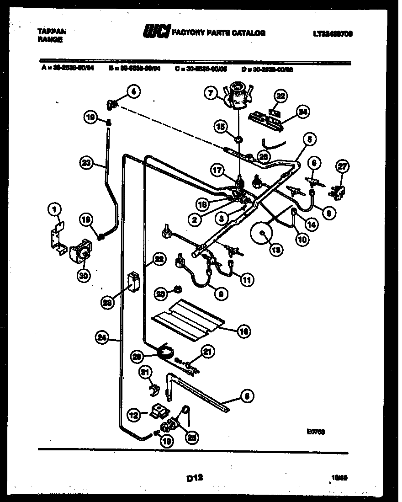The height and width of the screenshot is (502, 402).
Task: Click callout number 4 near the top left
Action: [133, 92]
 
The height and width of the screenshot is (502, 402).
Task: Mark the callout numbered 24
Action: [102, 338]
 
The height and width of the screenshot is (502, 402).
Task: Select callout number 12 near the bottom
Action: [132, 415]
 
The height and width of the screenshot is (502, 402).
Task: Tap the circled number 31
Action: [145, 373]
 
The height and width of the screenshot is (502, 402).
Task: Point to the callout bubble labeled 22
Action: [158, 259]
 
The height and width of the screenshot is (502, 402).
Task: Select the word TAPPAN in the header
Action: [51, 32]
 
